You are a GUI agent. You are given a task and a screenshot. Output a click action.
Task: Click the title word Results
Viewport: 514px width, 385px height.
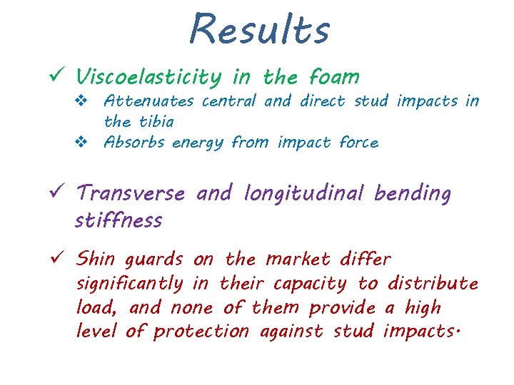coord(259,30)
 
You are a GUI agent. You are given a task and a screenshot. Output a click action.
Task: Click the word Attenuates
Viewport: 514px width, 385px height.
coord(150,101)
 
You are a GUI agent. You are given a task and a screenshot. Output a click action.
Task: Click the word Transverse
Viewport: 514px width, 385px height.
coord(130,193)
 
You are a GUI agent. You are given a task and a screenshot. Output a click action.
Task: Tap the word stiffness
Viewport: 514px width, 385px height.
coord(118,220)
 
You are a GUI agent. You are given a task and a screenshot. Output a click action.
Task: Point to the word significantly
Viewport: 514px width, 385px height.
coord(129,284)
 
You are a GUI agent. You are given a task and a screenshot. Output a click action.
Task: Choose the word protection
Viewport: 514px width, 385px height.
coord(201,332)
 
